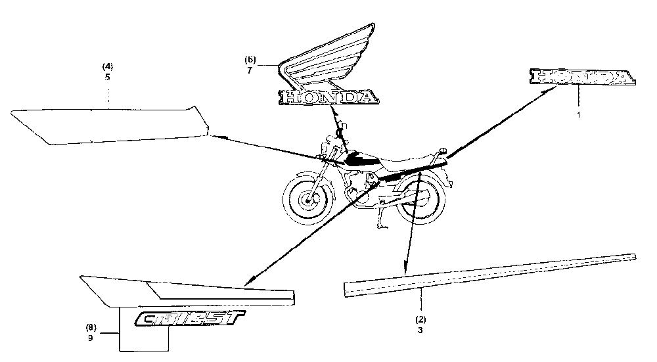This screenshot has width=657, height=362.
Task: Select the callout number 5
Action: [x=107, y=76]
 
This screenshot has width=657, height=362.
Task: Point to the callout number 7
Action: [x=250, y=70]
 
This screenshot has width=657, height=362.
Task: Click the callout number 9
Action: [x=90, y=339]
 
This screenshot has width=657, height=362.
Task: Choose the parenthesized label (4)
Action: [x=107, y=66]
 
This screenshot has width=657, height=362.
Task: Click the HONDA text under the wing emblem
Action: [x=329, y=97]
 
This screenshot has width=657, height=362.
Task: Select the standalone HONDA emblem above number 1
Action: [x=584, y=78]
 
